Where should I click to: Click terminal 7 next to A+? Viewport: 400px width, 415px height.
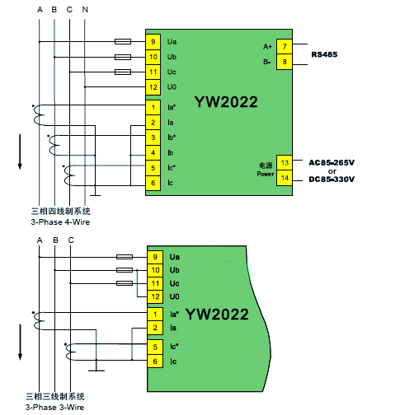click(285, 47)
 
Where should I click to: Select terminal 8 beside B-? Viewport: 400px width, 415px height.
click(285, 62)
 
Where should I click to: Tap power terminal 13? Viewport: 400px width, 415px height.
click(285, 163)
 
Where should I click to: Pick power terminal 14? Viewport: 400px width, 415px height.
click(285, 178)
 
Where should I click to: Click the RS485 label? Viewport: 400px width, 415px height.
click(324, 54)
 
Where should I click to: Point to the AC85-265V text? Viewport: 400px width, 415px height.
click(332, 163)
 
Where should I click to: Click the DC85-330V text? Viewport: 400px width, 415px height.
click(332, 180)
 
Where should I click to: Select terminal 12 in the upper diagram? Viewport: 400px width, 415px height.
click(153, 87)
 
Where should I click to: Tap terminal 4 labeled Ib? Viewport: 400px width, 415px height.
click(153, 153)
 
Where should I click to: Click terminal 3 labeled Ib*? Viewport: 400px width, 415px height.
click(153, 138)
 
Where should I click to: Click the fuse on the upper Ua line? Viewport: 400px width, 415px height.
click(123, 42)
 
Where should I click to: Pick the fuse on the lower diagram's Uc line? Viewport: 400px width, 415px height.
click(125, 283)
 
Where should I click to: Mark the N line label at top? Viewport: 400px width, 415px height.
click(85, 10)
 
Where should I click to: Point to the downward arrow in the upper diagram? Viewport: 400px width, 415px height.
click(20, 152)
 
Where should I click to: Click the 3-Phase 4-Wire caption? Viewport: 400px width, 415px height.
click(60, 222)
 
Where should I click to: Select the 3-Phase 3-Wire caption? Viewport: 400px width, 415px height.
click(54, 408)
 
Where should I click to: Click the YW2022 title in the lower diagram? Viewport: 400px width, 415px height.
click(217, 315)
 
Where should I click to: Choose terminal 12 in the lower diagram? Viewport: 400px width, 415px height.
click(155, 296)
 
